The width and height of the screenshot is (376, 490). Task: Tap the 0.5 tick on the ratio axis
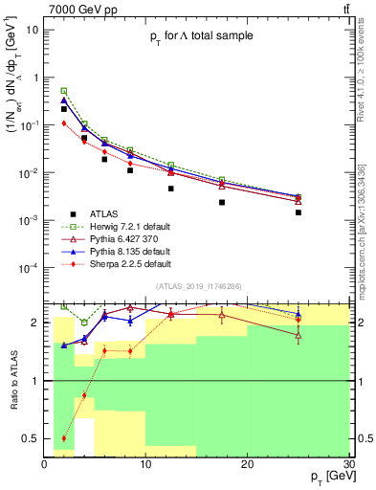click(x=35, y=438)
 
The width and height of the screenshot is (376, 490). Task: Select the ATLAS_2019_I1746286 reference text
click(x=198, y=285)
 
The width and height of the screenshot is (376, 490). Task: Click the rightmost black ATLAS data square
click(x=299, y=212)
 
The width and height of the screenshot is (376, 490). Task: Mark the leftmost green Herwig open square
click(x=64, y=91)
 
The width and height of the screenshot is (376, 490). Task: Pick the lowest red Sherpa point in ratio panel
click(x=64, y=438)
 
